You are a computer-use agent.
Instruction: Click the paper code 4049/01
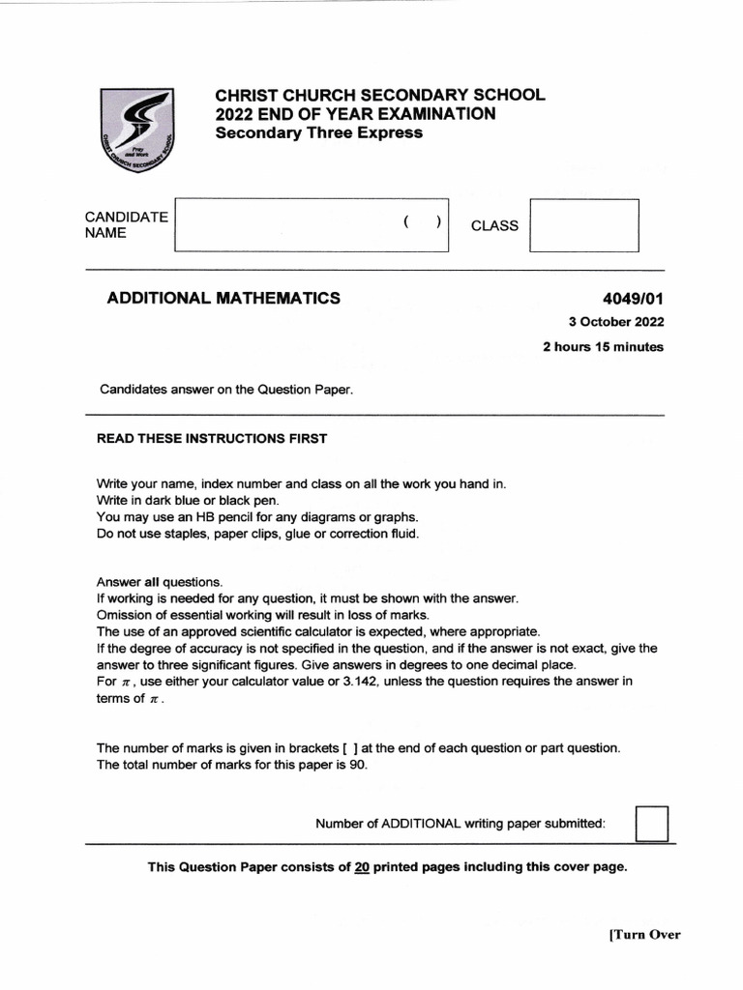633,298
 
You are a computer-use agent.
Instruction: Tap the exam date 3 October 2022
615,322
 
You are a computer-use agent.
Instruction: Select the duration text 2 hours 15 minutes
603,347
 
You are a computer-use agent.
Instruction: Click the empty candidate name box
290,224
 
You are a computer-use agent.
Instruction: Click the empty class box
585,225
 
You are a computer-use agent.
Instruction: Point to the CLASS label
494,225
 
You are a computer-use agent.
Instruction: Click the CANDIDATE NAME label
127,224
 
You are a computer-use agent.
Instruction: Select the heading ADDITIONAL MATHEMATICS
223,298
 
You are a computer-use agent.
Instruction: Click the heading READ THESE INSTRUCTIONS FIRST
212,438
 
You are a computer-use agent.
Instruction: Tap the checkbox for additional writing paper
652,824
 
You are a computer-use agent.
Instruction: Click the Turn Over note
644,934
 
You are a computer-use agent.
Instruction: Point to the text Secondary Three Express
318,132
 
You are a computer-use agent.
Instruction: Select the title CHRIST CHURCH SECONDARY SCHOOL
379,95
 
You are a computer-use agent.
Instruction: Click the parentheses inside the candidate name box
423,221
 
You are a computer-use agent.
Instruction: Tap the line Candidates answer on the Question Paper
227,390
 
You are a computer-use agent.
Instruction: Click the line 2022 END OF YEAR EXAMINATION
355,114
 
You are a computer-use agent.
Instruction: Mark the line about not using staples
257,534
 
